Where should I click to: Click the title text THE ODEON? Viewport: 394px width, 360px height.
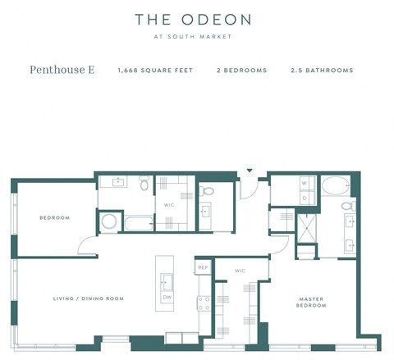pos(193,19)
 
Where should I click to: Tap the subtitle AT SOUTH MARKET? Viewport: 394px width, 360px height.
pos(193,36)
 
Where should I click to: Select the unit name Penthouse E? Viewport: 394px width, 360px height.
pos(62,71)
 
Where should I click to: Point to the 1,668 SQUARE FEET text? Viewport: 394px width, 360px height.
pos(155,71)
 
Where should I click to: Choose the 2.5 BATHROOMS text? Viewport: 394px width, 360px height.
pos(322,71)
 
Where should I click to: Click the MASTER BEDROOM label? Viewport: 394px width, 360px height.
pos(311,303)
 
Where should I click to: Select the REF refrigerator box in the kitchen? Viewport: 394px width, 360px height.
pos(203,267)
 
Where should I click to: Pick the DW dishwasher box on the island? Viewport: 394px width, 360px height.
pos(167,297)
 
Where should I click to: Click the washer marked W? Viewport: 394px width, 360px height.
pos(303,183)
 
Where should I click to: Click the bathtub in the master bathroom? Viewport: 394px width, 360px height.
pos(336,186)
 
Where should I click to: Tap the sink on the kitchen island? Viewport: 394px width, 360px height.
pos(167,282)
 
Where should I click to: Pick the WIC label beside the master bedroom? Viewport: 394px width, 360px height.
pos(241,271)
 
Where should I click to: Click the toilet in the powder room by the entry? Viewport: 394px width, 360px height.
pos(208,191)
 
